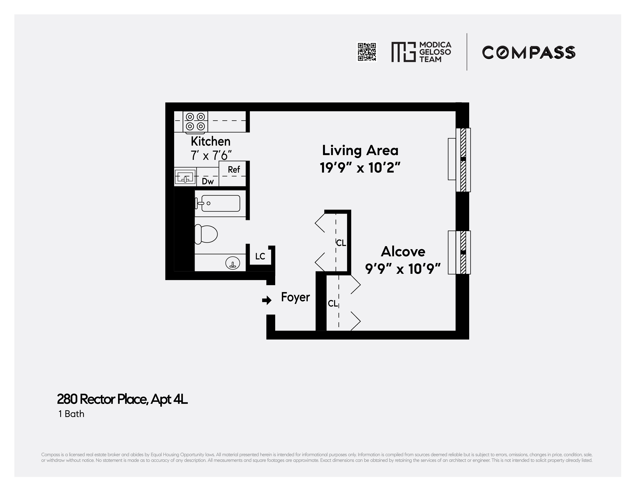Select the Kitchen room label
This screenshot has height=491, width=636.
point(211,142)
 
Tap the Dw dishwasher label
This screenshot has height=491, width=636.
point(208,181)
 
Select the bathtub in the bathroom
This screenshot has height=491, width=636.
point(220,203)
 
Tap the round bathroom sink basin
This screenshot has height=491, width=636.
point(233,264)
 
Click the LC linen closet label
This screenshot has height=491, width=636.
point(260,256)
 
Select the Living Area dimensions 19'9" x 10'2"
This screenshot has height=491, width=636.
point(360,168)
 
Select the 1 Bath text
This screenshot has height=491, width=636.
point(71,414)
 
